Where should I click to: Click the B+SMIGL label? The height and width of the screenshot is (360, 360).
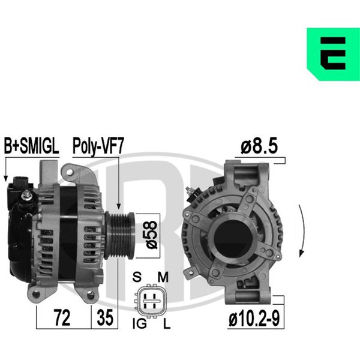(31, 146)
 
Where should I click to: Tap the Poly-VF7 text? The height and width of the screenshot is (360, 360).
(98, 147)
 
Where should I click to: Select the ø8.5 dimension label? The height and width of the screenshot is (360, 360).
(259, 146)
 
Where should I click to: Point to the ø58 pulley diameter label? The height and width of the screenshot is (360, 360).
(152, 235)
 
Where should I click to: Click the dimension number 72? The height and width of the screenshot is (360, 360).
(62, 317)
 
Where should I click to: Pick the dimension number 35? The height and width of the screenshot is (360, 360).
(105, 317)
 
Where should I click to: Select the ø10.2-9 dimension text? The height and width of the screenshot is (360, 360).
(254, 318)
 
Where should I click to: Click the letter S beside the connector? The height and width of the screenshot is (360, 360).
(137, 277)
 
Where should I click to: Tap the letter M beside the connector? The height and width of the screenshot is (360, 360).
(163, 277)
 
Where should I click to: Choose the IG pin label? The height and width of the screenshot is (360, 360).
(140, 324)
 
